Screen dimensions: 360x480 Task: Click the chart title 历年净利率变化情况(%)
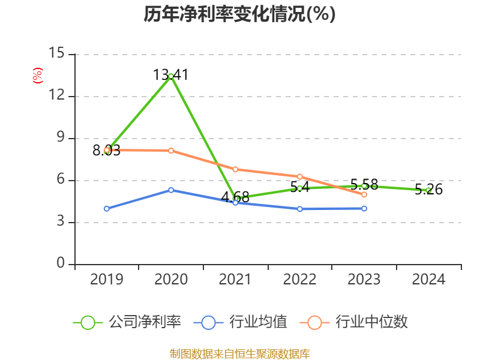coord(239,14)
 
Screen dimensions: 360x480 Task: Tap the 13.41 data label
coord(171,75)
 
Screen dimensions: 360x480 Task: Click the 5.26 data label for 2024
coord(428,190)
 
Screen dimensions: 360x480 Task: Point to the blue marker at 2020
coord(171,190)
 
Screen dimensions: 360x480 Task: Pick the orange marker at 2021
coord(235,169)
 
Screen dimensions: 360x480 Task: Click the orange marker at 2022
coord(299,176)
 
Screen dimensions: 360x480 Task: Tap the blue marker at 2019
coord(107,208)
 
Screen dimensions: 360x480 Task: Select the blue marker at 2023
coord(364,208)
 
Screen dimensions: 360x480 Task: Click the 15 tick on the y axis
coord(56,54)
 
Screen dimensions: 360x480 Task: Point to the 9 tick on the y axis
coord(61,138)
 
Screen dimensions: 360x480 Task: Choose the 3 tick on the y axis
coord(61,222)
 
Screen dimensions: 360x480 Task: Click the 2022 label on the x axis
coord(299,280)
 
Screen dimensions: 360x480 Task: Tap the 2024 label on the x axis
coord(428,280)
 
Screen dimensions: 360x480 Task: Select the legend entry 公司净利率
coord(128,322)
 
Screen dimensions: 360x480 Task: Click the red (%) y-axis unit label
coord(38,76)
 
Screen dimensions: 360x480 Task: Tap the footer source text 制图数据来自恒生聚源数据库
coord(239,353)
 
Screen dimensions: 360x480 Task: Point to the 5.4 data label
coord(299,187)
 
